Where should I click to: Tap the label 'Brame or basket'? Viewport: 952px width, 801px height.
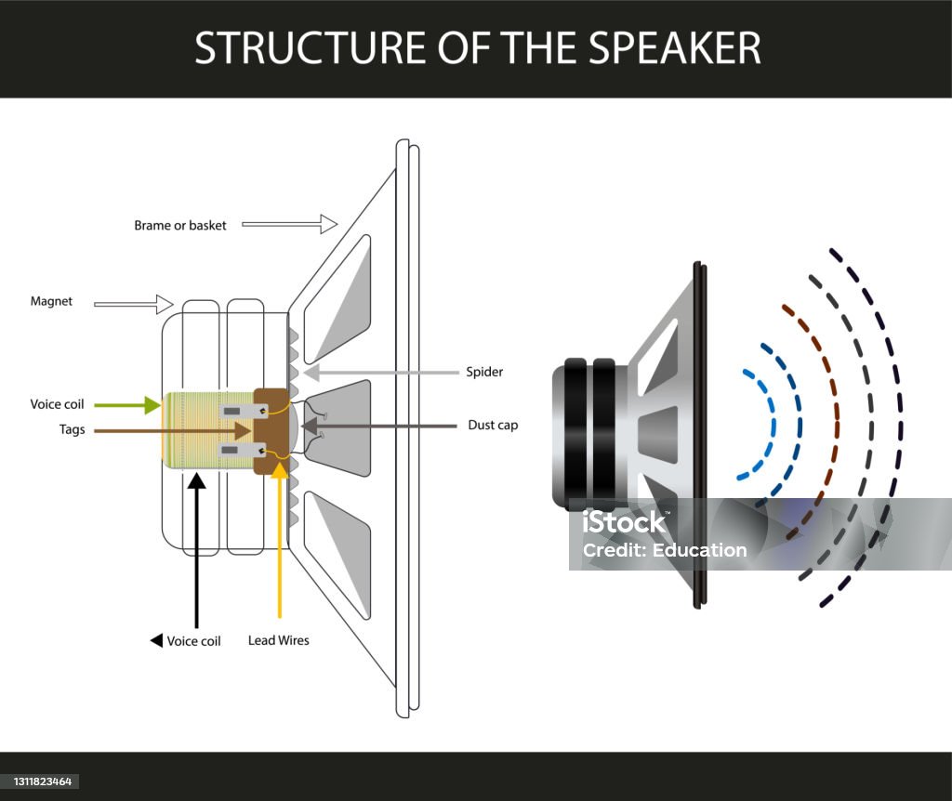tap(180, 225)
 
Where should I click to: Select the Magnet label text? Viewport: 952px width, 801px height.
tap(51, 301)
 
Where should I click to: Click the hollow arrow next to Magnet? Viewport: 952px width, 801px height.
tap(135, 303)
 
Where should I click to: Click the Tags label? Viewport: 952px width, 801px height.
tap(72, 429)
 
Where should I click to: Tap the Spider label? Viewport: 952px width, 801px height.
tap(484, 372)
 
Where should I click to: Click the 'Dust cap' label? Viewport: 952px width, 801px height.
tap(493, 425)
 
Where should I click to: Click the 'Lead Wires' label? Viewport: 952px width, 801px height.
tap(279, 640)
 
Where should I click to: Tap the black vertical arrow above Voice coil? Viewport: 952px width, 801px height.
tap(196, 548)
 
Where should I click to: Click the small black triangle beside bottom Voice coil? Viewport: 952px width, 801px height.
tap(156, 640)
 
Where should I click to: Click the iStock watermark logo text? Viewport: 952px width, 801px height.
tap(625, 522)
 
